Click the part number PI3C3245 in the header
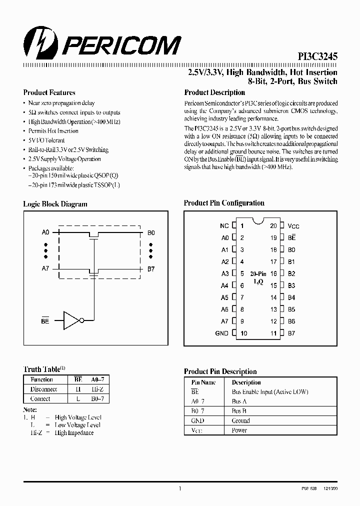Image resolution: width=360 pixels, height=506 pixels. (x=315, y=58)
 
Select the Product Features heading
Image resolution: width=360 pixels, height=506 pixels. (x=49, y=92)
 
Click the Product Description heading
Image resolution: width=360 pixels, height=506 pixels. (x=214, y=92)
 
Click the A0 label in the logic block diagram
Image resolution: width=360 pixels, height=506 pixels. (x=45, y=232)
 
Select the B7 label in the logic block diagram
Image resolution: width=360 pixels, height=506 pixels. (x=151, y=269)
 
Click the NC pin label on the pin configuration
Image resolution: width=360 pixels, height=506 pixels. (x=224, y=226)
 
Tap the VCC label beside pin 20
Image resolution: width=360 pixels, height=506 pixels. (x=293, y=226)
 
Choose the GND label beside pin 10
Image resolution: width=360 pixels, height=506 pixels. (x=221, y=333)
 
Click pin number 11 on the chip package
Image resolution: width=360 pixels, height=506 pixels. (x=273, y=333)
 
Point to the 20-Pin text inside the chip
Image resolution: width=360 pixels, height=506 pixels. (x=257, y=274)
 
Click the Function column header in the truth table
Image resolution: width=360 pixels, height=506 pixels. (x=41, y=380)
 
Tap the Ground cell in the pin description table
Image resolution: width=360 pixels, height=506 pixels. (x=240, y=420)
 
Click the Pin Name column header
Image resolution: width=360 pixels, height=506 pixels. (x=203, y=382)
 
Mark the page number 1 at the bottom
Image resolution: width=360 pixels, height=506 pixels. (x=179, y=488)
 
